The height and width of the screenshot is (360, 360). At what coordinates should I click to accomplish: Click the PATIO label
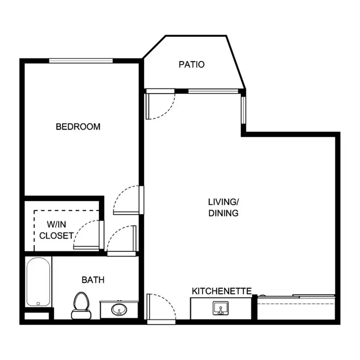click(192, 64)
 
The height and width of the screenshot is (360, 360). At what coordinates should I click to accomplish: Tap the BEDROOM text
click(78, 127)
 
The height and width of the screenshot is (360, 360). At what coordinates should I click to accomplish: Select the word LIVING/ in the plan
click(224, 202)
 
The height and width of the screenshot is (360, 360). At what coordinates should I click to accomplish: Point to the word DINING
click(224, 213)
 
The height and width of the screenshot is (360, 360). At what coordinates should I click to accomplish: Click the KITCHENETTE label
click(221, 291)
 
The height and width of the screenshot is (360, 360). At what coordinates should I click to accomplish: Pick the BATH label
click(93, 280)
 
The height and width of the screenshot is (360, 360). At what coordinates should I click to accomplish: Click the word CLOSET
click(56, 236)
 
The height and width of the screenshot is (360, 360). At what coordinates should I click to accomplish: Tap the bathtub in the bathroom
click(38, 282)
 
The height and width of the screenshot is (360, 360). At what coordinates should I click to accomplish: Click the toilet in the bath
click(81, 306)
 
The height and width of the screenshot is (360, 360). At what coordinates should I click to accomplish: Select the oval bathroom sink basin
click(119, 310)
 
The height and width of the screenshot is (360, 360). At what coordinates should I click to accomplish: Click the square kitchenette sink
click(221, 308)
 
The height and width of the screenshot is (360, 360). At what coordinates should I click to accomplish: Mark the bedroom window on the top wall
click(81, 61)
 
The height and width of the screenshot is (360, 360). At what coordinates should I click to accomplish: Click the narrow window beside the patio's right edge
click(243, 111)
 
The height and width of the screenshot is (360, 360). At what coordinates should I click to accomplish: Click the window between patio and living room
click(213, 91)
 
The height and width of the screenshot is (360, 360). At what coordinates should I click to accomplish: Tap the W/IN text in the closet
click(57, 224)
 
